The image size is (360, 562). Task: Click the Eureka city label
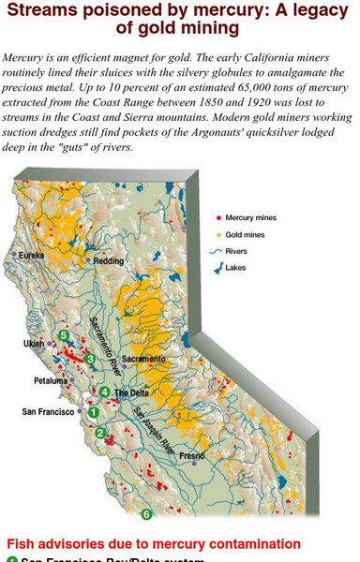[x=27, y=254]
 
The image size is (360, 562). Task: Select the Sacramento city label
[x=143, y=359]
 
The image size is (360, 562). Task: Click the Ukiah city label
[x=32, y=344]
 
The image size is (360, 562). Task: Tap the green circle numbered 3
[x=90, y=358]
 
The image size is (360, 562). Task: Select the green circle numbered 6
[x=145, y=514]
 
